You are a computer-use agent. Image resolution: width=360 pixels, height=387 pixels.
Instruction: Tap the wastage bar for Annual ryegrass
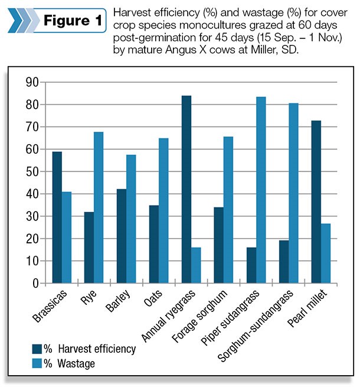click(x=195, y=265)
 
